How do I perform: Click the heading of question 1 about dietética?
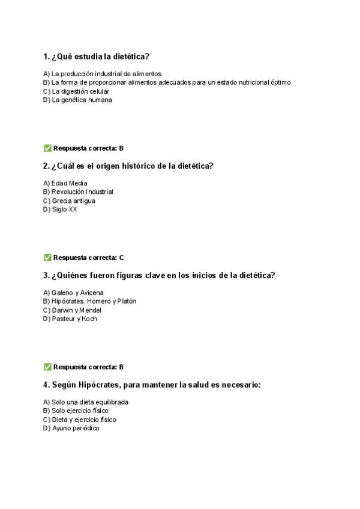click(95, 57)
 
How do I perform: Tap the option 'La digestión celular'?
click(68, 91)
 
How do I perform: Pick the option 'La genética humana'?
click(69, 100)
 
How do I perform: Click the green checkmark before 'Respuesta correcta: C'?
click(47, 258)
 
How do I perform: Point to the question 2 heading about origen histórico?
click(128, 166)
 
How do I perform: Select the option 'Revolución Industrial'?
click(78, 192)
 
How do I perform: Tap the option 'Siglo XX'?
click(60, 209)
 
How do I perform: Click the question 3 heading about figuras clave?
click(159, 276)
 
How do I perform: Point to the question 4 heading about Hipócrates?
click(152, 385)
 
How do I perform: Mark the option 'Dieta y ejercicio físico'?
click(80, 420)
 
